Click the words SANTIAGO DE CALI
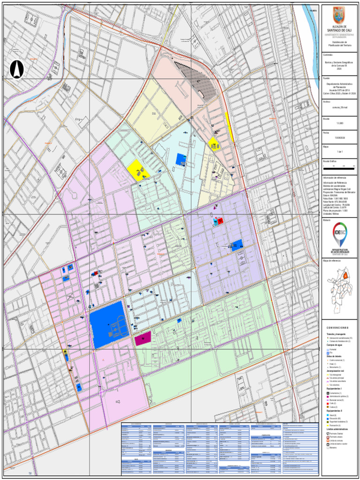(338, 30)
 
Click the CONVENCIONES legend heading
(338, 328)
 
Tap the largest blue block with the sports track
(107, 323)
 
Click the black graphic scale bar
(339, 166)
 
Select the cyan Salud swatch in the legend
(328, 415)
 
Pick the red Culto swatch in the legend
(328, 403)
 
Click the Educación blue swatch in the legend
(328, 419)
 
